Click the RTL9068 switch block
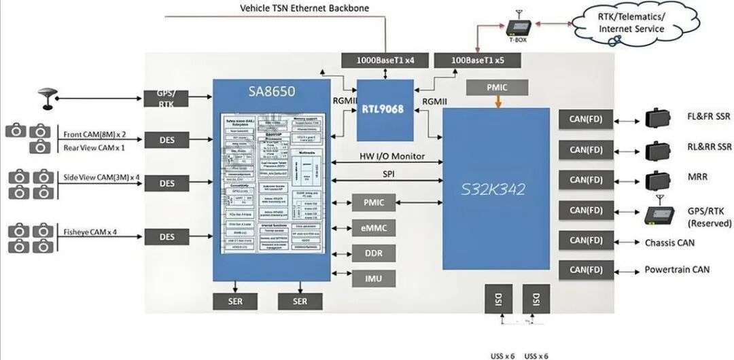click(x=385, y=110)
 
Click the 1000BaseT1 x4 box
click(x=385, y=60)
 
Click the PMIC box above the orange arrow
click(x=497, y=87)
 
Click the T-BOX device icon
click(x=519, y=28)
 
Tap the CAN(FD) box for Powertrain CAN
click(x=586, y=270)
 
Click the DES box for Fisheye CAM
click(x=167, y=237)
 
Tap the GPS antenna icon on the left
click(x=48, y=98)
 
